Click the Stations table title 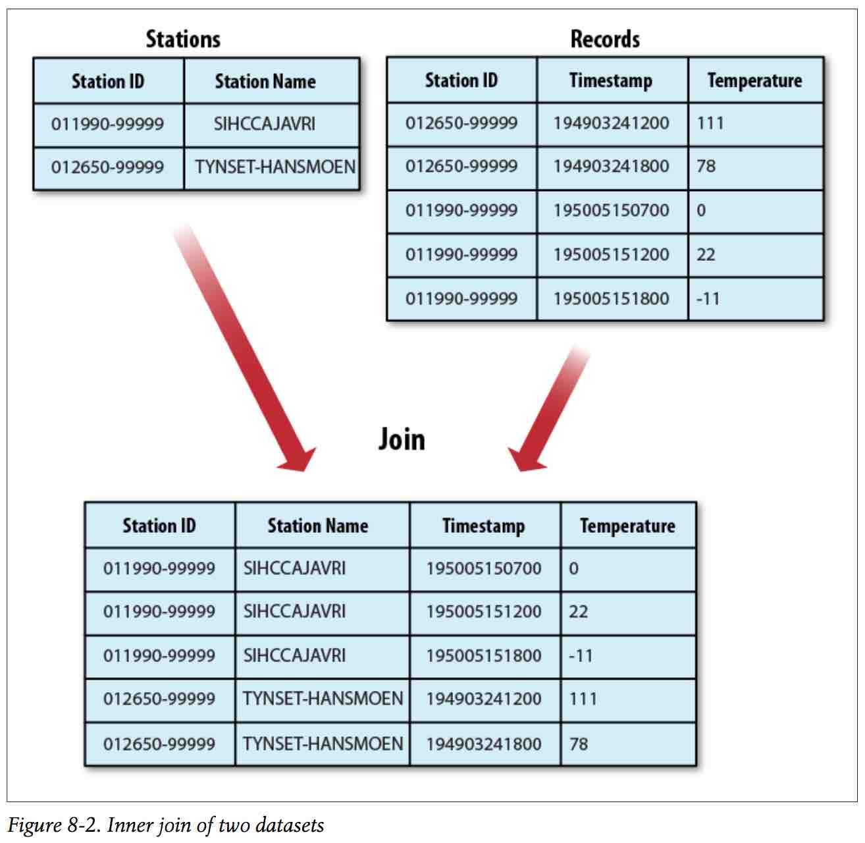pyautogui.click(x=183, y=39)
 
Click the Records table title pyautogui.click(x=605, y=39)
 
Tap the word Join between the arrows pyautogui.click(x=402, y=440)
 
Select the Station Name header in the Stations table pyautogui.click(x=265, y=82)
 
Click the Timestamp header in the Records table pyautogui.click(x=611, y=81)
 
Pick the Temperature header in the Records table pyautogui.click(x=755, y=81)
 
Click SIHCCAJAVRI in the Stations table pyautogui.click(x=265, y=124)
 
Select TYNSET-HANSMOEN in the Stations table pyautogui.click(x=275, y=167)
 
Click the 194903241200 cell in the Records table pyautogui.click(x=611, y=123)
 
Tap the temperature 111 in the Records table pyautogui.click(x=710, y=123)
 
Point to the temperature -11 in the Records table pyautogui.click(x=708, y=299)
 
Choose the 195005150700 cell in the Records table pyautogui.click(x=611, y=210)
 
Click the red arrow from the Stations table pyautogui.click(x=244, y=347)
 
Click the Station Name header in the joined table pyautogui.click(x=318, y=526)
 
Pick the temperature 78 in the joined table pyautogui.click(x=579, y=744)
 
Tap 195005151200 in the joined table pyautogui.click(x=484, y=611)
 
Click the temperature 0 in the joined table pyautogui.click(x=574, y=568)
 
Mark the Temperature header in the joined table pyautogui.click(x=627, y=526)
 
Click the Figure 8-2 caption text pyautogui.click(x=165, y=826)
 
